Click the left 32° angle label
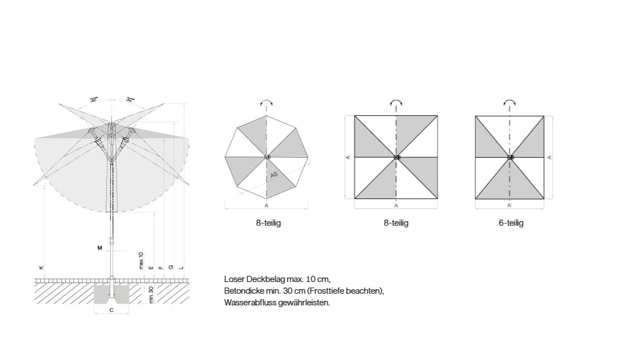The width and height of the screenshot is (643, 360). [x=94, y=100]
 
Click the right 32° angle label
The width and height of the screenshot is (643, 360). [x=130, y=100]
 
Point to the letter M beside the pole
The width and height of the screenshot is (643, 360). [x=100, y=248]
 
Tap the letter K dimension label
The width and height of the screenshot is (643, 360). [x=41, y=267]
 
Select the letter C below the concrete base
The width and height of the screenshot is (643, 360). [x=111, y=310]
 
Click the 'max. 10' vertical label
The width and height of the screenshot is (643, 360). [x=141, y=260]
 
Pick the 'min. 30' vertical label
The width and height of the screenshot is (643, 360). [x=151, y=295]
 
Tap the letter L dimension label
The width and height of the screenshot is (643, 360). [x=181, y=267]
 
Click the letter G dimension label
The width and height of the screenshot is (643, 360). [x=171, y=267]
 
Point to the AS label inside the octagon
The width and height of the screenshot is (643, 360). [x=274, y=174]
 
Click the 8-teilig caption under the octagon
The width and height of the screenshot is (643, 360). [x=269, y=223]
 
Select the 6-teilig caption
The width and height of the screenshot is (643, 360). [x=511, y=223]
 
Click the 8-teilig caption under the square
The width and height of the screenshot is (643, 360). [x=396, y=223]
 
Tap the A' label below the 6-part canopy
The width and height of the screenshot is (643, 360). [x=510, y=206]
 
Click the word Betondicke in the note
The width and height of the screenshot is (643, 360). [x=243, y=291]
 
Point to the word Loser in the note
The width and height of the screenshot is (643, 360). [x=234, y=279]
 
